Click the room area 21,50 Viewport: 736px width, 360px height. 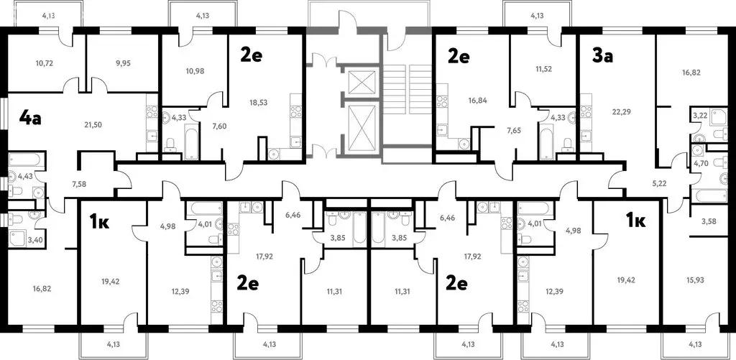[x=93, y=124]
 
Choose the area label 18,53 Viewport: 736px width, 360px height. [x=259, y=101]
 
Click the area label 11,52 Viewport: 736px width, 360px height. [x=543, y=68]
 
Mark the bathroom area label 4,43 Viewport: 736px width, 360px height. [x=24, y=176]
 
